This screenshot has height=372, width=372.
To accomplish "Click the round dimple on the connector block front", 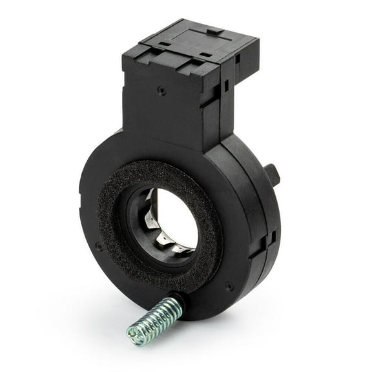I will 161,90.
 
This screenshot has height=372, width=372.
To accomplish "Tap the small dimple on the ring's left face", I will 98,245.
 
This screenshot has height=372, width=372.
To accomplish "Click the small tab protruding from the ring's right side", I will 273,175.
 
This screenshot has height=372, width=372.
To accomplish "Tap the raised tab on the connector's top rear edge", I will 212,29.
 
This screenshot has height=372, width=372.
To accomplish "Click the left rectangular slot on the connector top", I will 166,44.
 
